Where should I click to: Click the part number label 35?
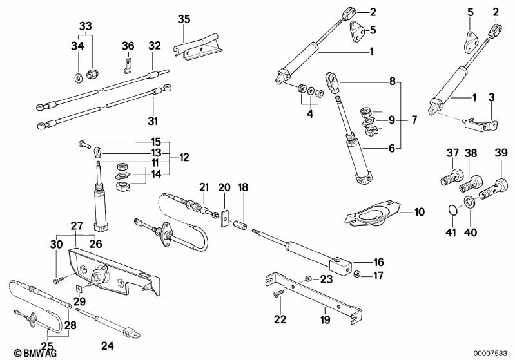(184, 19)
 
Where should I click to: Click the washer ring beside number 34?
(78, 78)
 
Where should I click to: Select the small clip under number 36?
(128, 65)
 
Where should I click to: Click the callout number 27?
(77, 226)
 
